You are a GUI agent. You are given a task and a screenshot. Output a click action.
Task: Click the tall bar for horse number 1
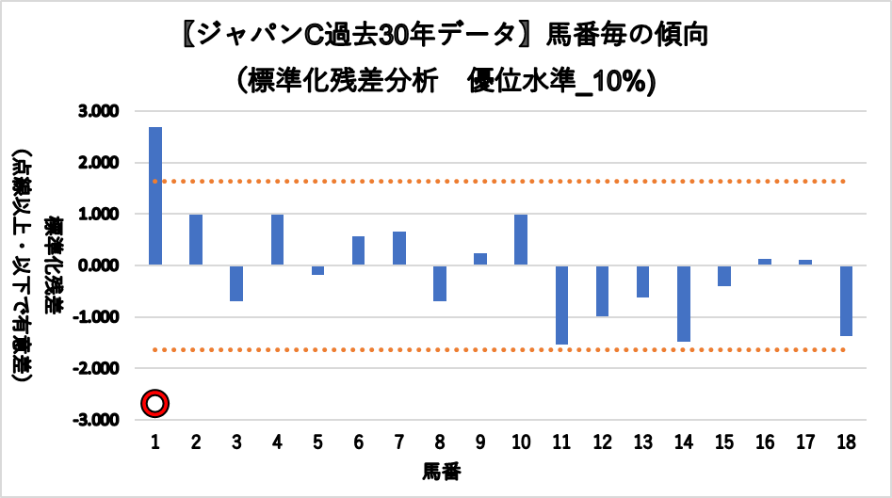click(x=155, y=196)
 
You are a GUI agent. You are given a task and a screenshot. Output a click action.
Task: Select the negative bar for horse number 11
click(x=561, y=305)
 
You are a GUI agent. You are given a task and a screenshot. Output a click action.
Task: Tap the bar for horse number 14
click(x=683, y=303)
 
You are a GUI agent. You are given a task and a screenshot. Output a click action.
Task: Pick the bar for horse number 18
click(x=846, y=300)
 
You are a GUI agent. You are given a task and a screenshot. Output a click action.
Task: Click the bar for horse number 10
click(x=521, y=240)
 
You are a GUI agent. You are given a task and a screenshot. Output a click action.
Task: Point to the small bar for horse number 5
click(x=317, y=270)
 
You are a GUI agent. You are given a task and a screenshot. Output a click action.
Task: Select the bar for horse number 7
click(x=399, y=249)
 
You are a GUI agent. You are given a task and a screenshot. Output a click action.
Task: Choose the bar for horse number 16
click(x=765, y=263)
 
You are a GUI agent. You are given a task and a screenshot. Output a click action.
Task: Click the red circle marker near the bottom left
click(x=155, y=404)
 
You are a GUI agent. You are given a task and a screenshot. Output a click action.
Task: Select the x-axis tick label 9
click(x=480, y=441)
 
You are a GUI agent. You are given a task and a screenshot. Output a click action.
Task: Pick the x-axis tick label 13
click(x=642, y=441)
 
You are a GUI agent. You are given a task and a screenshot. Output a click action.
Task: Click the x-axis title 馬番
click(x=441, y=469)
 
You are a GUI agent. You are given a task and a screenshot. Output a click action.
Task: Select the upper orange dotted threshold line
click(x=499, y=181)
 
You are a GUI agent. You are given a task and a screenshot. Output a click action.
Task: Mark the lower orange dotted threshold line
click(x=499, y=349)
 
